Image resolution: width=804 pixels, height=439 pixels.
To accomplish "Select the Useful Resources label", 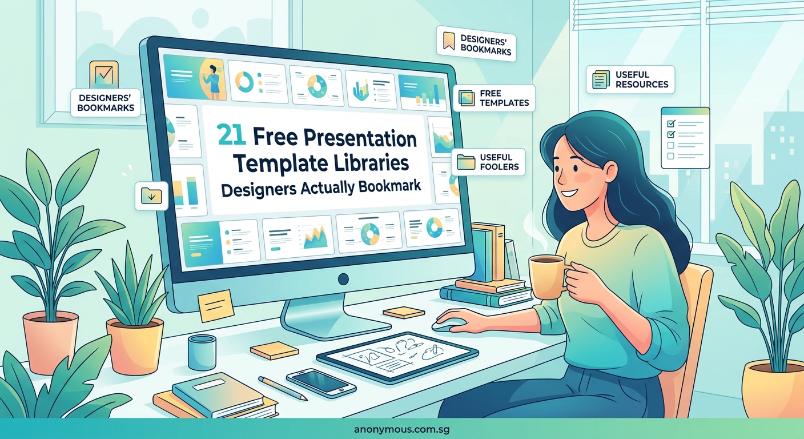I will [x=630, y=79].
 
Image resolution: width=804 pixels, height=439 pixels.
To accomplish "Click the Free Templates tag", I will [x=494, y=98].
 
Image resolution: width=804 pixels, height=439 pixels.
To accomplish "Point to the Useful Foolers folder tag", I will [x=488, y=162].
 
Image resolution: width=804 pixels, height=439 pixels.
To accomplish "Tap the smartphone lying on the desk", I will [x=321, y=381].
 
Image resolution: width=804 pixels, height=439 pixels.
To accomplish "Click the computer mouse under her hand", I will [x=447, y=324].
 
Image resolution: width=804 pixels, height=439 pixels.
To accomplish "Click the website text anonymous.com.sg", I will [x=402, y=429].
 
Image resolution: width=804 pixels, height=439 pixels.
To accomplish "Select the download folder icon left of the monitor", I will [x=151, y=195].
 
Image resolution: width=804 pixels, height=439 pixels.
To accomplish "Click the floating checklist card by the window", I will [x=685, y=138].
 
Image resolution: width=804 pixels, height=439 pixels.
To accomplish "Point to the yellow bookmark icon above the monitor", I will [x=449, y=40].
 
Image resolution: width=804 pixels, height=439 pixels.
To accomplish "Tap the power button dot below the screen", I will [x=343, y=280].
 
